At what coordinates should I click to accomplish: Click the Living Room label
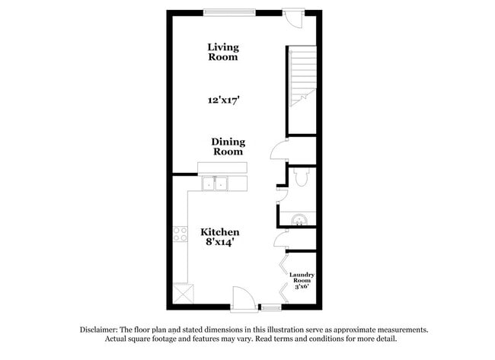coord(222,52)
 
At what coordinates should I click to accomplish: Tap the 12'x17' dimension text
coord(222,100)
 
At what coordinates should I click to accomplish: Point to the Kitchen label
coord(220,231)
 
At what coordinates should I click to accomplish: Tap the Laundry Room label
coord(302,277)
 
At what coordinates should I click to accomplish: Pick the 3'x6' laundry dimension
coord(302,288)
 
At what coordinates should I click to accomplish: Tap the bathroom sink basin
coord(299,221)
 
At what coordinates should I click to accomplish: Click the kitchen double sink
coord(216,183)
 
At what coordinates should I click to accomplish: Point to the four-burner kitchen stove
coord(180,234)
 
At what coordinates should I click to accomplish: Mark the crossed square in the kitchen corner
coord(183,293)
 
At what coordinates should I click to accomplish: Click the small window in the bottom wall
coord(270,307)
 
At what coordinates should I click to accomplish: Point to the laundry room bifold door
coord(283,278)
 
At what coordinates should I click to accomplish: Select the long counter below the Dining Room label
coord(222,167)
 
